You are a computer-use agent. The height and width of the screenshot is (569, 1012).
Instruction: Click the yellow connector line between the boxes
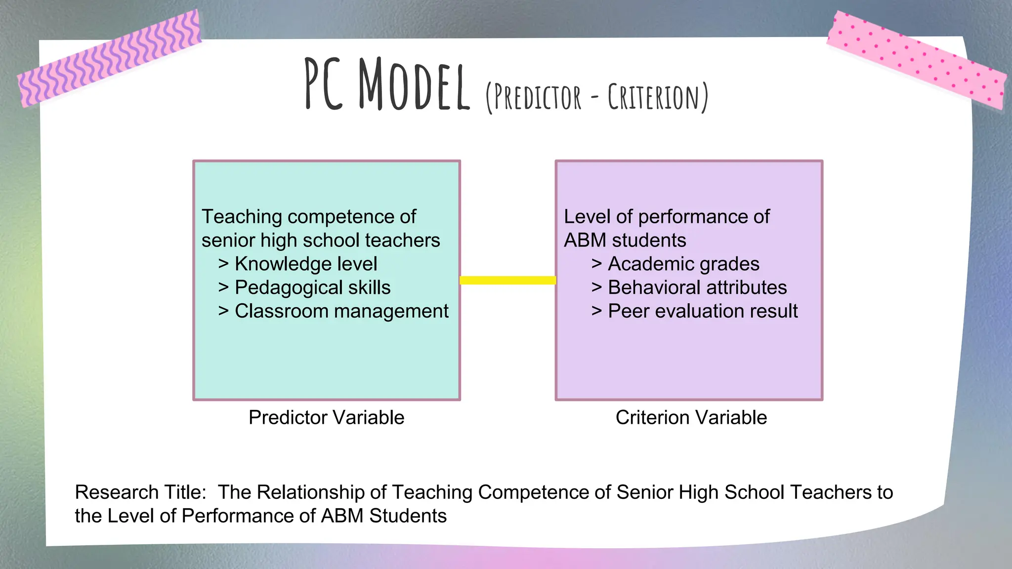pyautogui.click(x=507, y=280)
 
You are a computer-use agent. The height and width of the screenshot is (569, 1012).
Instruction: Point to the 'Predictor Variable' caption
pyautogui.click(x=326, y=417)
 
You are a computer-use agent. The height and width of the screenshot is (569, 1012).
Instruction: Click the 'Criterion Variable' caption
pyautogui.click(x=691, y=417)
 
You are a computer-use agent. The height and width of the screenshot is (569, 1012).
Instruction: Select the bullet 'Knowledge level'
pyautogui.click(x=305, y=264)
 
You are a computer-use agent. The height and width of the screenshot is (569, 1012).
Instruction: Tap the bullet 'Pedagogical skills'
pyautogui.click(x=312, y=287)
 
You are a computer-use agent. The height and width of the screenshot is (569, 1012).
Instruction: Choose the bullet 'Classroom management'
pyautogui.click(x=341, y=311)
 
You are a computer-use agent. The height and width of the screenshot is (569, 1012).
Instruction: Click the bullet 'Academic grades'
pyautogui.click(x=683, y=264)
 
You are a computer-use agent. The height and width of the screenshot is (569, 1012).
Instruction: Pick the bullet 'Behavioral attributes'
pyautogui.click(x=697, y=287)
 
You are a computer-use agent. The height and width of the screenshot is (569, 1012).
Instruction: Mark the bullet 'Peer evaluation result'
pyautogui.click(x=702, y=311)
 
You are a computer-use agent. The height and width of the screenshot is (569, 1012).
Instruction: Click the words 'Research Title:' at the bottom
pyautogui.click(x=140, y=492)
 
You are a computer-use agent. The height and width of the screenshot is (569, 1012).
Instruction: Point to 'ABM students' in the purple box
pyautogui.click(x=625, y=241)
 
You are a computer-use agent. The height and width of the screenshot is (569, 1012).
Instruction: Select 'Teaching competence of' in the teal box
pyautogui.click(x=309, y=217)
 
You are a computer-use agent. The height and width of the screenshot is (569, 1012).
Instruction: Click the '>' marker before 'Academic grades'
pyautogui.click(x=596, y=264)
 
